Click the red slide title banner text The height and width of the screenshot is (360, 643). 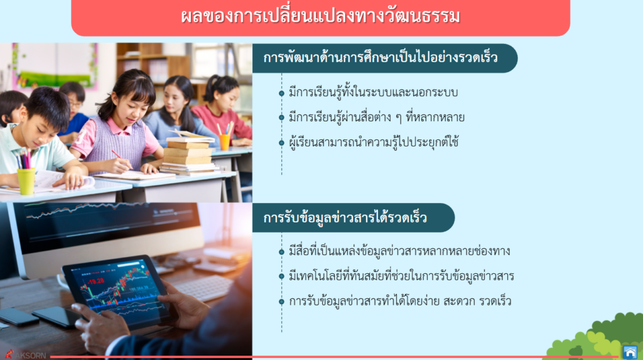tap(320, 16)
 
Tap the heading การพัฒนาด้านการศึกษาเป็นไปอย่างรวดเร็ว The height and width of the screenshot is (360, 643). tap(380, 57)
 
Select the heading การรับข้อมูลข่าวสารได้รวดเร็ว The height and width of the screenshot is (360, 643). tap(345, 217)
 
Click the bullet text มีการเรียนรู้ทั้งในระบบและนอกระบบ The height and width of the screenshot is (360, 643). tap(373, 92)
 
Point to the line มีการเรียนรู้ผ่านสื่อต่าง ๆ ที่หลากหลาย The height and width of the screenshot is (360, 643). tap(377, 117)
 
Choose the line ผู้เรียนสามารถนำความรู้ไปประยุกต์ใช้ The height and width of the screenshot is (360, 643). tap(374, 142)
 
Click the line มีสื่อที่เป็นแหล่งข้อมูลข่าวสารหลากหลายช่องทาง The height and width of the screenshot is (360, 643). tap(399, 251)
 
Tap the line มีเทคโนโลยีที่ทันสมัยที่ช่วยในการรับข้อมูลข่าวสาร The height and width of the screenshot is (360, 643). tap(401, 276)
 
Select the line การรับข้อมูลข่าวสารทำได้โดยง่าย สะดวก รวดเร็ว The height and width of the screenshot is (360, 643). tap(400, 301)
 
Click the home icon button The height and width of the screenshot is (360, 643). tap(630, 352)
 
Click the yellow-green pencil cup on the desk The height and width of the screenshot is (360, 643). tap(26, 180)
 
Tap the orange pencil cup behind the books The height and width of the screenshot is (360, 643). tap(224, 142)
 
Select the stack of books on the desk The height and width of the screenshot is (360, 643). tap(188, 154)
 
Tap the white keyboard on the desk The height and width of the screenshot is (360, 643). tap(202, 286)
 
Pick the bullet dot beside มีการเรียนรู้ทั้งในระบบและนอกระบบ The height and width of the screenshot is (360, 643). tap(281, 93)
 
